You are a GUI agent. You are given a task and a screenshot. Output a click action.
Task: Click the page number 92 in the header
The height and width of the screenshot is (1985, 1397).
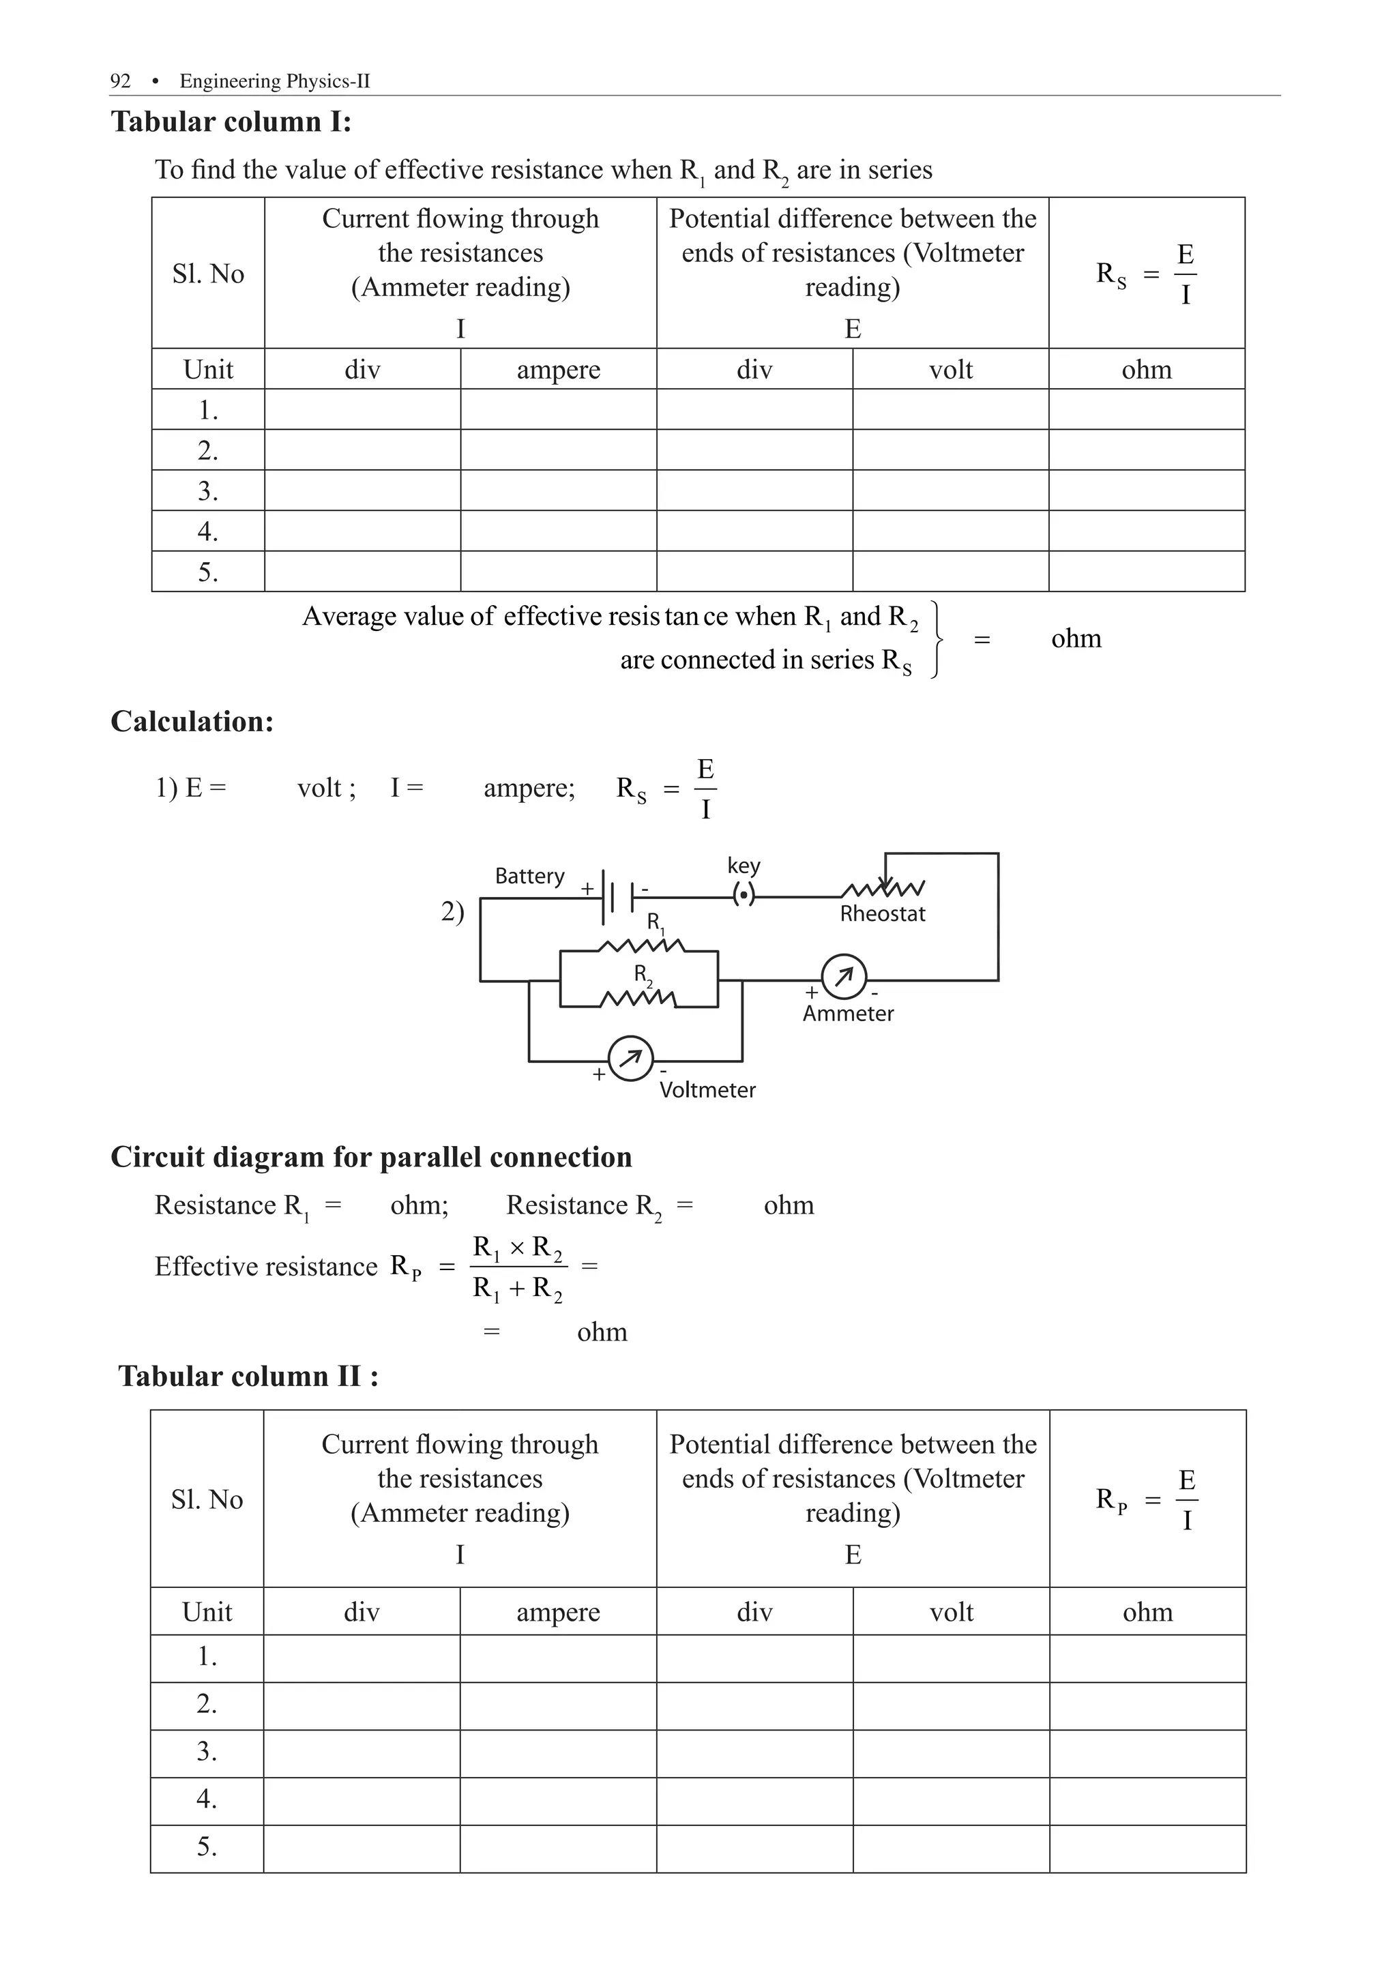(x=120, y=81)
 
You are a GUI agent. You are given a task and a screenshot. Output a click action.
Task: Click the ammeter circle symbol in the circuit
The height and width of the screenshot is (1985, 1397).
(x=843, y=977)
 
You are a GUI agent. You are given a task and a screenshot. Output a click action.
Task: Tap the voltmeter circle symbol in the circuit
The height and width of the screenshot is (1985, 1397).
(x=631, y=1057)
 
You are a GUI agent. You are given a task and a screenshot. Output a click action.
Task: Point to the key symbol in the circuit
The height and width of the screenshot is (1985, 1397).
(x=744, y=896)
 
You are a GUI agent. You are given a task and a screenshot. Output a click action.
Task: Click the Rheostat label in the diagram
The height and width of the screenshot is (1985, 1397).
(x=882, y=914)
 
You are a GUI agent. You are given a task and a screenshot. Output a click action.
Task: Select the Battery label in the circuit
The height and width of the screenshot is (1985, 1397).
(x=529, y=876)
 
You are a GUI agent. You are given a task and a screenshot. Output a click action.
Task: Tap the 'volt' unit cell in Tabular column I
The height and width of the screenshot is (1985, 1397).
(x=950, y=370)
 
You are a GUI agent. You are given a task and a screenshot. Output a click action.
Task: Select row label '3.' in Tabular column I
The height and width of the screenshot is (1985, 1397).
(x=207, y=491)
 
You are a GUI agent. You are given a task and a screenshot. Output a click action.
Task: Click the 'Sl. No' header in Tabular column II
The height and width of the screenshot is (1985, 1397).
(x=207, y=1499)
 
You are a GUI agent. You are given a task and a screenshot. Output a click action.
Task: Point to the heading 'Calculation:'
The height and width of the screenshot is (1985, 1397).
(x=192, y=722)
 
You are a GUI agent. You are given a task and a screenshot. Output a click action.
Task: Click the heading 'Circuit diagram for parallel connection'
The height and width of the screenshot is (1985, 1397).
(x=371, y=1158)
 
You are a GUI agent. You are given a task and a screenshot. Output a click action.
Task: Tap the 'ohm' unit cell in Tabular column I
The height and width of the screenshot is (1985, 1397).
(x=1146, y=370)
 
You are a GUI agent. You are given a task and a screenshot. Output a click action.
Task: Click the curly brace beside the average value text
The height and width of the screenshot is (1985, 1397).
(x=937, y=640)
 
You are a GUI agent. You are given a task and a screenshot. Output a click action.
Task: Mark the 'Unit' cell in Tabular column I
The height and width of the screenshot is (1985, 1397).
(x=207, y=370)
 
